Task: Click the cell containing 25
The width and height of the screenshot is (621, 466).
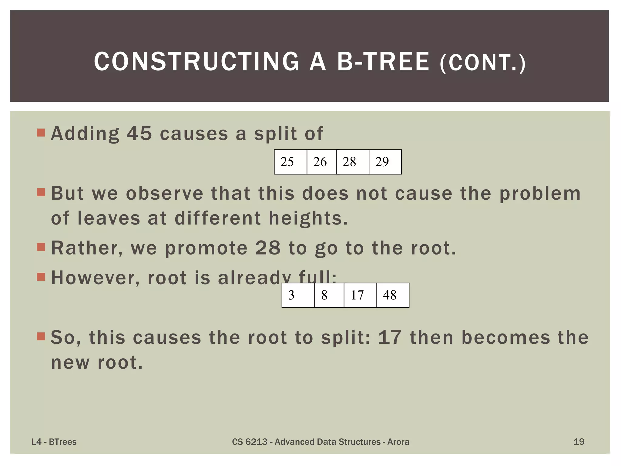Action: [290, 162]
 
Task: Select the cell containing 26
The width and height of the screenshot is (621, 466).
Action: [321, 162]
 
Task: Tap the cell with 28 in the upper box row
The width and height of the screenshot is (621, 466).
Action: [352, 162]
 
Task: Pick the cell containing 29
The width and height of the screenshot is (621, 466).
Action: [385, 162]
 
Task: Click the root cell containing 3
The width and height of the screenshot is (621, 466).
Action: [298, 295]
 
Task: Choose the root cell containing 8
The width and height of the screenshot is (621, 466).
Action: [329, 295]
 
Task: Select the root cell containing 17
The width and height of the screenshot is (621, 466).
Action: [360, 295]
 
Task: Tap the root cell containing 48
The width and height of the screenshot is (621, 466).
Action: [392, 295]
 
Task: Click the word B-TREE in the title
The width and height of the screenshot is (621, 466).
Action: [383, 62]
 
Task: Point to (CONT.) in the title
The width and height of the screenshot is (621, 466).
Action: [482, 63]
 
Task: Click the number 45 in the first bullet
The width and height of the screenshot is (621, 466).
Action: [139, 133]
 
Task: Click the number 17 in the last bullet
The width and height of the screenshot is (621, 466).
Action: [390, 337]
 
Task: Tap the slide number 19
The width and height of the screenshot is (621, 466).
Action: [579, 442]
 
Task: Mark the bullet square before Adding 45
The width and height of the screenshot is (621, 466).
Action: [41, 133]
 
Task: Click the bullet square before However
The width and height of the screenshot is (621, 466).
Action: [41, 277]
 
